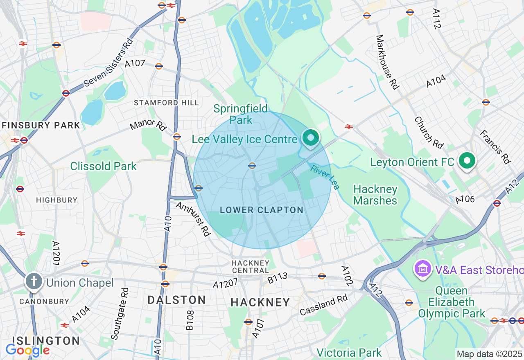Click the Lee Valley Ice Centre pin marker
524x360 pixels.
[311, 138]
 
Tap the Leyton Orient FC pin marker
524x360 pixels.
[466, 160]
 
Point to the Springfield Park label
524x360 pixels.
[241, 114]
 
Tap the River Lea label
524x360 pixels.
[325, 177]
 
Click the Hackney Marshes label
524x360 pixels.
[375, 195]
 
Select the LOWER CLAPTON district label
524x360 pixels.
[262, 210]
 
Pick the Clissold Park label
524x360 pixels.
[103, 166]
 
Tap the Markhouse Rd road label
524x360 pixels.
[387, 62]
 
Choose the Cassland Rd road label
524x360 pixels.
[323, 305]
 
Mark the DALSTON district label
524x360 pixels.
[176, 300]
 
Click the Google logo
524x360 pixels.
[27, 350]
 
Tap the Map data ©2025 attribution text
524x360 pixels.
[489, 354]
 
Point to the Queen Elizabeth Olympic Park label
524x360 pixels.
[452, 302]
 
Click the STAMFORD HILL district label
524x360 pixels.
[167, 103]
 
